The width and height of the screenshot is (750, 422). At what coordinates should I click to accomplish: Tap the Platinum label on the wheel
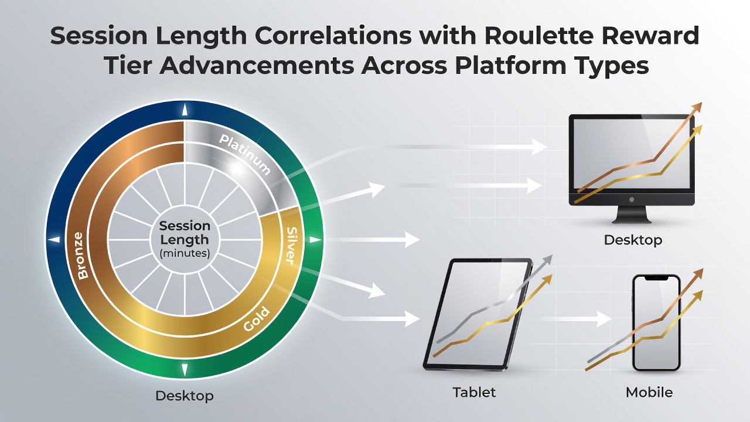point(245,154)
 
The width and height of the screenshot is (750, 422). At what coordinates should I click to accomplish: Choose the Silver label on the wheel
point(292,246)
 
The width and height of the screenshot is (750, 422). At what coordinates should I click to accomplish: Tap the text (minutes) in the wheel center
point(185,253)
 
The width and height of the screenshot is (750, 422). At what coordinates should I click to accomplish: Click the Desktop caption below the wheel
point(185,396)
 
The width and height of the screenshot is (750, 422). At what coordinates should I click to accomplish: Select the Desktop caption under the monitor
point(633,240)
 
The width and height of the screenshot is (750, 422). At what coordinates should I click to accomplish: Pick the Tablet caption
point(474,392)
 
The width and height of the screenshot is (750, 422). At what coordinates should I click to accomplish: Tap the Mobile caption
point(649,392)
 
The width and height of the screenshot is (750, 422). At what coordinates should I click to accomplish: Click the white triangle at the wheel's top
point(185,110)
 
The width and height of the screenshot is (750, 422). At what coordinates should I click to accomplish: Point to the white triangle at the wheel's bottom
point(185,369)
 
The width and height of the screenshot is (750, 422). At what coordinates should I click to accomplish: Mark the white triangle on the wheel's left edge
point(54,240)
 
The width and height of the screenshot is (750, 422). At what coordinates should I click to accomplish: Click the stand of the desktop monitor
point(632,215)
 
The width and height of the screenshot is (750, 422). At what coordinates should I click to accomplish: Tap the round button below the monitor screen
point(632,200)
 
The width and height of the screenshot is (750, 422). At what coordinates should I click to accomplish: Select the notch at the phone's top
point(656,278)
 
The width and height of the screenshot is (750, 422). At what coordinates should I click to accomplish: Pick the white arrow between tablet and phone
point(574,319)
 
